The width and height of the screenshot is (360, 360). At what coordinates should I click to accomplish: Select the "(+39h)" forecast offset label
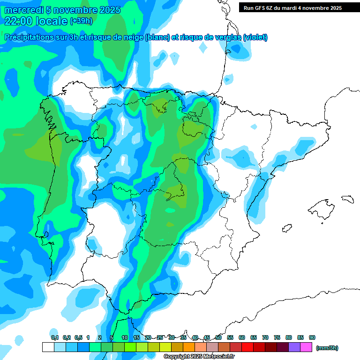click(81, 21)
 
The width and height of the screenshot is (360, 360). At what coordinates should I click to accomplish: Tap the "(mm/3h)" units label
click(327, 348)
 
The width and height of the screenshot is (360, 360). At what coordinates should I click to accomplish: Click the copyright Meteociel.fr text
click(199, 357)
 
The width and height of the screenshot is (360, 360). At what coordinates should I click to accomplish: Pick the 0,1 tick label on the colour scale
click(54, 337)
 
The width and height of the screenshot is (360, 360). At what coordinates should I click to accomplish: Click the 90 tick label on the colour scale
click(312, 337)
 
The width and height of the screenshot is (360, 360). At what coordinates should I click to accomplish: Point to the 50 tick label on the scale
click(218, 337)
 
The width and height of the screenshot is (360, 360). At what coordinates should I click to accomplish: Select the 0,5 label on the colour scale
click(78, 337)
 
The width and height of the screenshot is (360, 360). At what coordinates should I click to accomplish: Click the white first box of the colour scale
click(48, 347)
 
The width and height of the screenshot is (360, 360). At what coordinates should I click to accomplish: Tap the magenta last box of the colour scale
click(306, 347)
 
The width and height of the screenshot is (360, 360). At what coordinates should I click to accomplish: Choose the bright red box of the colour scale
click(247, 347)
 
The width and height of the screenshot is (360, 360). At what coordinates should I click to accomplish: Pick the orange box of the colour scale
click(189, 347)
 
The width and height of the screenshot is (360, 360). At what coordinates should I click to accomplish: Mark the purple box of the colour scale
click(294, 347)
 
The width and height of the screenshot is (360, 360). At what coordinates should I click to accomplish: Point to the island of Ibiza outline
click(286, 229)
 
